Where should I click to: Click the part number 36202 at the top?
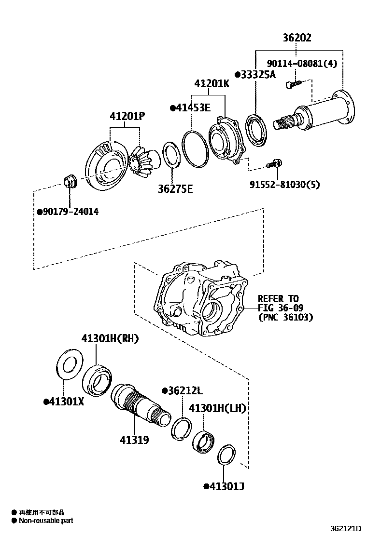(x=297, y=38)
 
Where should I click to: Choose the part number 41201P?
(x=127, y=116)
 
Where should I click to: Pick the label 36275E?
(x=175, y=188)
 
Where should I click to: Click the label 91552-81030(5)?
(x=284, y=184)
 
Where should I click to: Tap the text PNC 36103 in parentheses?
(x=286, y=317)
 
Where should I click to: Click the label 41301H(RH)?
(x=110, y=339)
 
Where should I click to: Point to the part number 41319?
(x=134, y=440)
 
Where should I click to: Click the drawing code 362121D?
(x=345, y=529)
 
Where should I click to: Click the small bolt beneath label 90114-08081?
(x=292, y=85)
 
